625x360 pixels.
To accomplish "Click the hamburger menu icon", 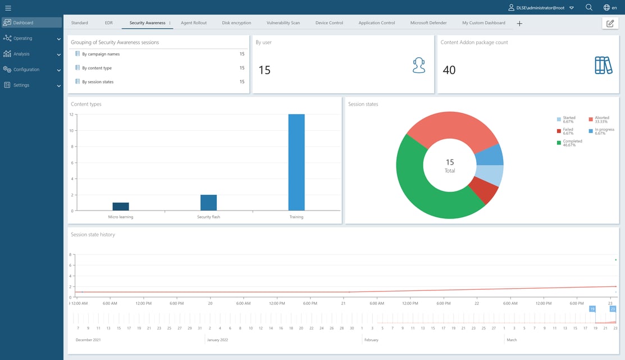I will tap(8, 8).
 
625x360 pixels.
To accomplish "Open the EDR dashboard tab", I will tap(109, 23).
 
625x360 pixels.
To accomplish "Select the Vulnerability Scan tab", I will tap(283, 23).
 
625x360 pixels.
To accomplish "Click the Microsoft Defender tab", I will tap(428, 23).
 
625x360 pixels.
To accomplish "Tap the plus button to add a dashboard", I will tap(519, 24).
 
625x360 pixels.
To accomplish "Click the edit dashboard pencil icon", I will tap(610, 23).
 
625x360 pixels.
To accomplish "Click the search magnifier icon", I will tap(588, 8).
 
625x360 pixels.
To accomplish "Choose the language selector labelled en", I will tap(610, 8).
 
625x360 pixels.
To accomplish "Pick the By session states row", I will tap(98, 82).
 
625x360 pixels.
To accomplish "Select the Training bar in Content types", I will tap(296, 162).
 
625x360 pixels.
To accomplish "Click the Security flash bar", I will tap(208, 202).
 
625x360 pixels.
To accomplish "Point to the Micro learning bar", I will tap(121, 206).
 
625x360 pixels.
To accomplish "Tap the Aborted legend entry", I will tap(601, 120).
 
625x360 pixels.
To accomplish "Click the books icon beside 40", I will tap(603, 65).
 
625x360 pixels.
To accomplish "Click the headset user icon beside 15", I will tap(418, 66).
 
